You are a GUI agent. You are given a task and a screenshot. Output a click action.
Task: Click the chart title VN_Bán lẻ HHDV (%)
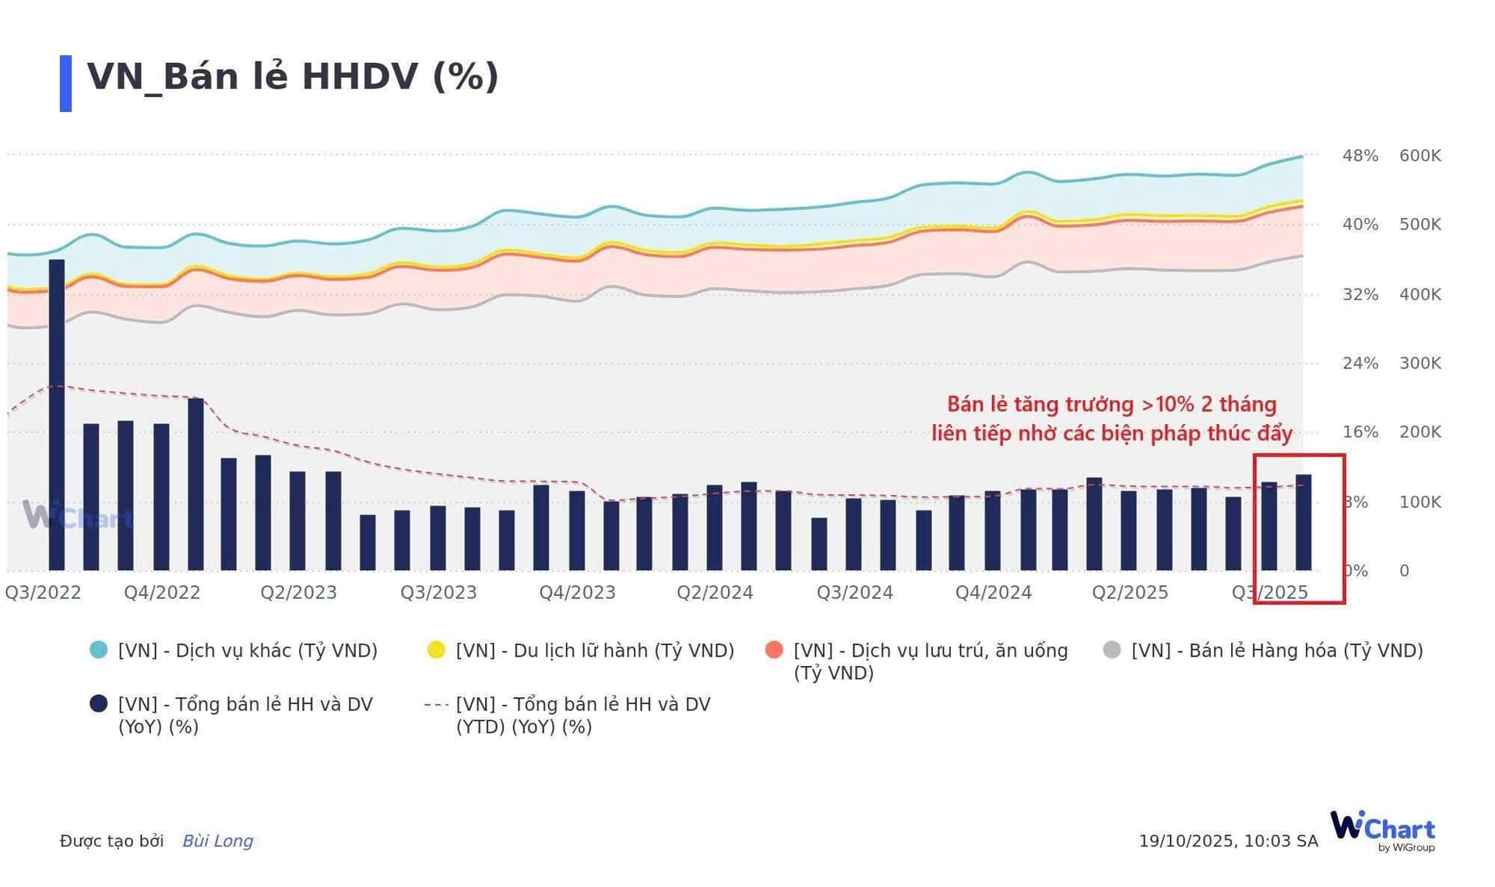click(292, 77)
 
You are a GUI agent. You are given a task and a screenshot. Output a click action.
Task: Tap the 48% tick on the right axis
click(1360, 156)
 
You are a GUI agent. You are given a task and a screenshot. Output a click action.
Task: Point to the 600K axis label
click(1419, 156)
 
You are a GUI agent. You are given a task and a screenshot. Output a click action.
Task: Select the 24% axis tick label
click(1360, 363)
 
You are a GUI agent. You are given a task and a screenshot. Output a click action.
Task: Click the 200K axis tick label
click(1419, 432)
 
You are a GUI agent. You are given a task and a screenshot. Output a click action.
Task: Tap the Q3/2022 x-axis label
click(44, 593)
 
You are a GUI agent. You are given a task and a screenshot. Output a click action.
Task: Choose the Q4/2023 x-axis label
click(577, 593)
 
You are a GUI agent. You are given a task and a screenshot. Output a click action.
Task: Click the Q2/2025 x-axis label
click(1129, 593)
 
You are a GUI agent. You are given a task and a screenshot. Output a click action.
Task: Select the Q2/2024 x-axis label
click(715, 593)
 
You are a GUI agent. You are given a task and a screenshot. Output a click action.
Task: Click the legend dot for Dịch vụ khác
click(99, 650)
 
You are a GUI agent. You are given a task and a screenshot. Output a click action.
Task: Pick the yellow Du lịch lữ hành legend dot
click(436, 650)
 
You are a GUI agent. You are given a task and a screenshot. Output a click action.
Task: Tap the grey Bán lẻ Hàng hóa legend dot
click(1112, 650)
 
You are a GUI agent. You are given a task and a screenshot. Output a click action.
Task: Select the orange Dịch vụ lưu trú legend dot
click(774, 650)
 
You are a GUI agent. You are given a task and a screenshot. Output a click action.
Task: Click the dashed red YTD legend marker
click(436, 705)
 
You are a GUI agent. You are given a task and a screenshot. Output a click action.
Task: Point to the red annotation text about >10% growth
click(1112, 419)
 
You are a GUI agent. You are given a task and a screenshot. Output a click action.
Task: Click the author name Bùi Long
click(217, 841)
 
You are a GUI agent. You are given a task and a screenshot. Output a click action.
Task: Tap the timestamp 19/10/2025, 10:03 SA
click(1228, 841)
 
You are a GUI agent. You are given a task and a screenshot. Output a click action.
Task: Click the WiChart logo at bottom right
click(1383, 829)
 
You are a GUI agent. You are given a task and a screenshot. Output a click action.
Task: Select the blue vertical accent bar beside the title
click(65, 83)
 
